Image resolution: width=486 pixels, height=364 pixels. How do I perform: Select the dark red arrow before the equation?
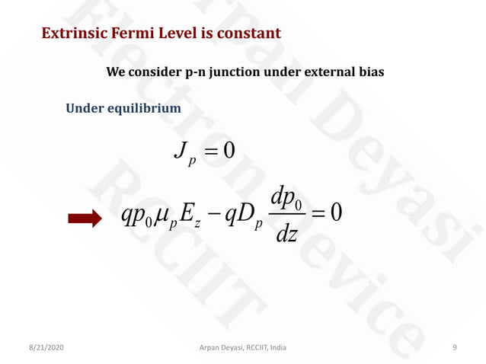pyautogui.click(x=84, y=220)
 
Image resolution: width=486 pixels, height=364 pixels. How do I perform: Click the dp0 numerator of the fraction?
pyautogui.click(x=287, y=200)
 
